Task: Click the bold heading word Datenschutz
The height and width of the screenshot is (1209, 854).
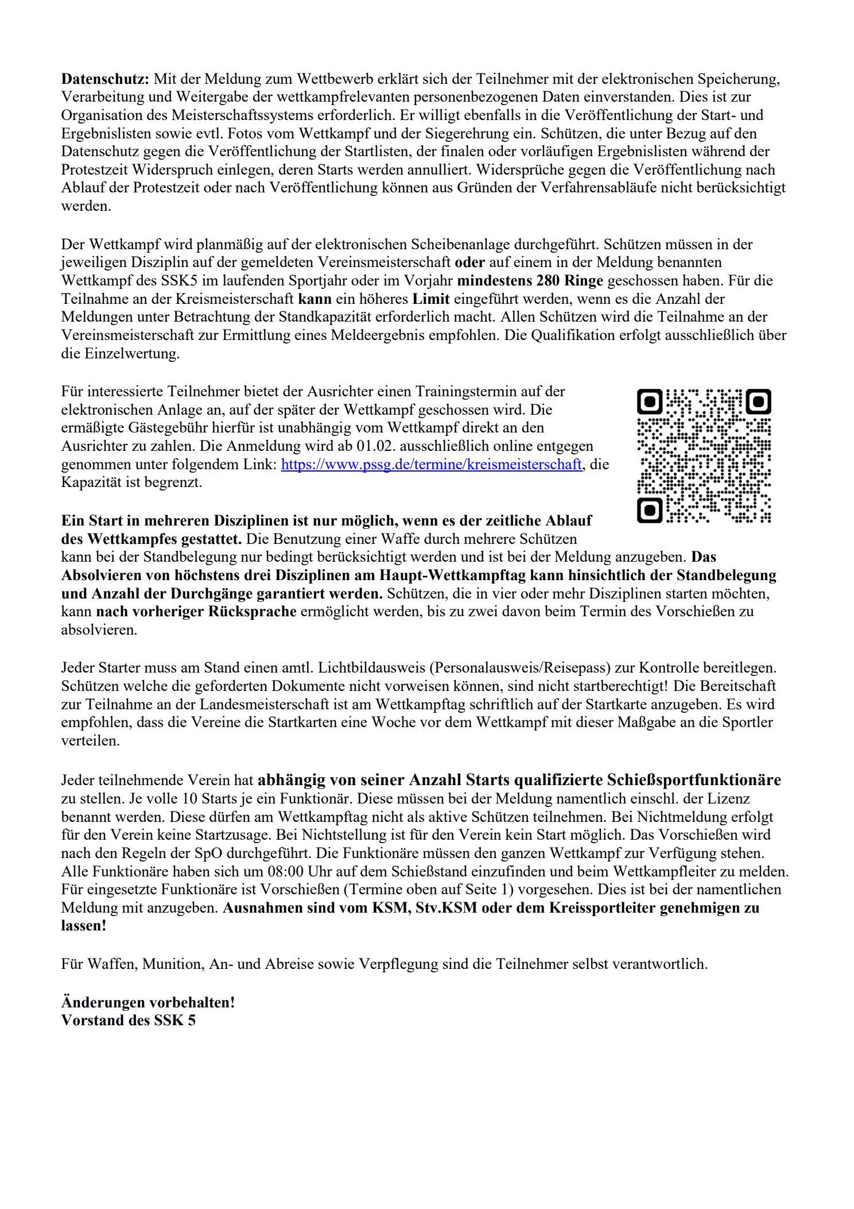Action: coord(105,79)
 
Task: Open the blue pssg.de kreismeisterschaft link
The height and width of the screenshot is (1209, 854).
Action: coord(431,464)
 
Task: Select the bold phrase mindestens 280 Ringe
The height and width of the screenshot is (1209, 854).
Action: coord(530,280)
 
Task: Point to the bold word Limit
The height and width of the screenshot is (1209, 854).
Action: coord(431,299)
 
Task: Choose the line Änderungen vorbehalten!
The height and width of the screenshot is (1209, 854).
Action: coord(148,1002)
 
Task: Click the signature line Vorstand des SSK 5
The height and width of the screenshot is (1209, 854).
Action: coord(128,1020)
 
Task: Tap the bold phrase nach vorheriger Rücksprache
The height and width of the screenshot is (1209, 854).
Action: coord(196,611)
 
